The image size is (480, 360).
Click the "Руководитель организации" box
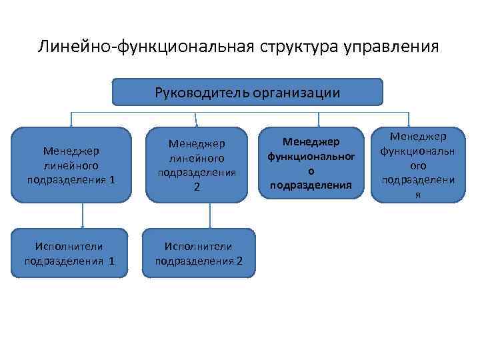click(x=247, y=92)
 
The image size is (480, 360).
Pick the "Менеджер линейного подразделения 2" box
click(x=197, y=165)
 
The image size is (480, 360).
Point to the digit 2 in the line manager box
click(x=197, y=187)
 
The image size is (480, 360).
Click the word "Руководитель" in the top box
click(x=202, y=92)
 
